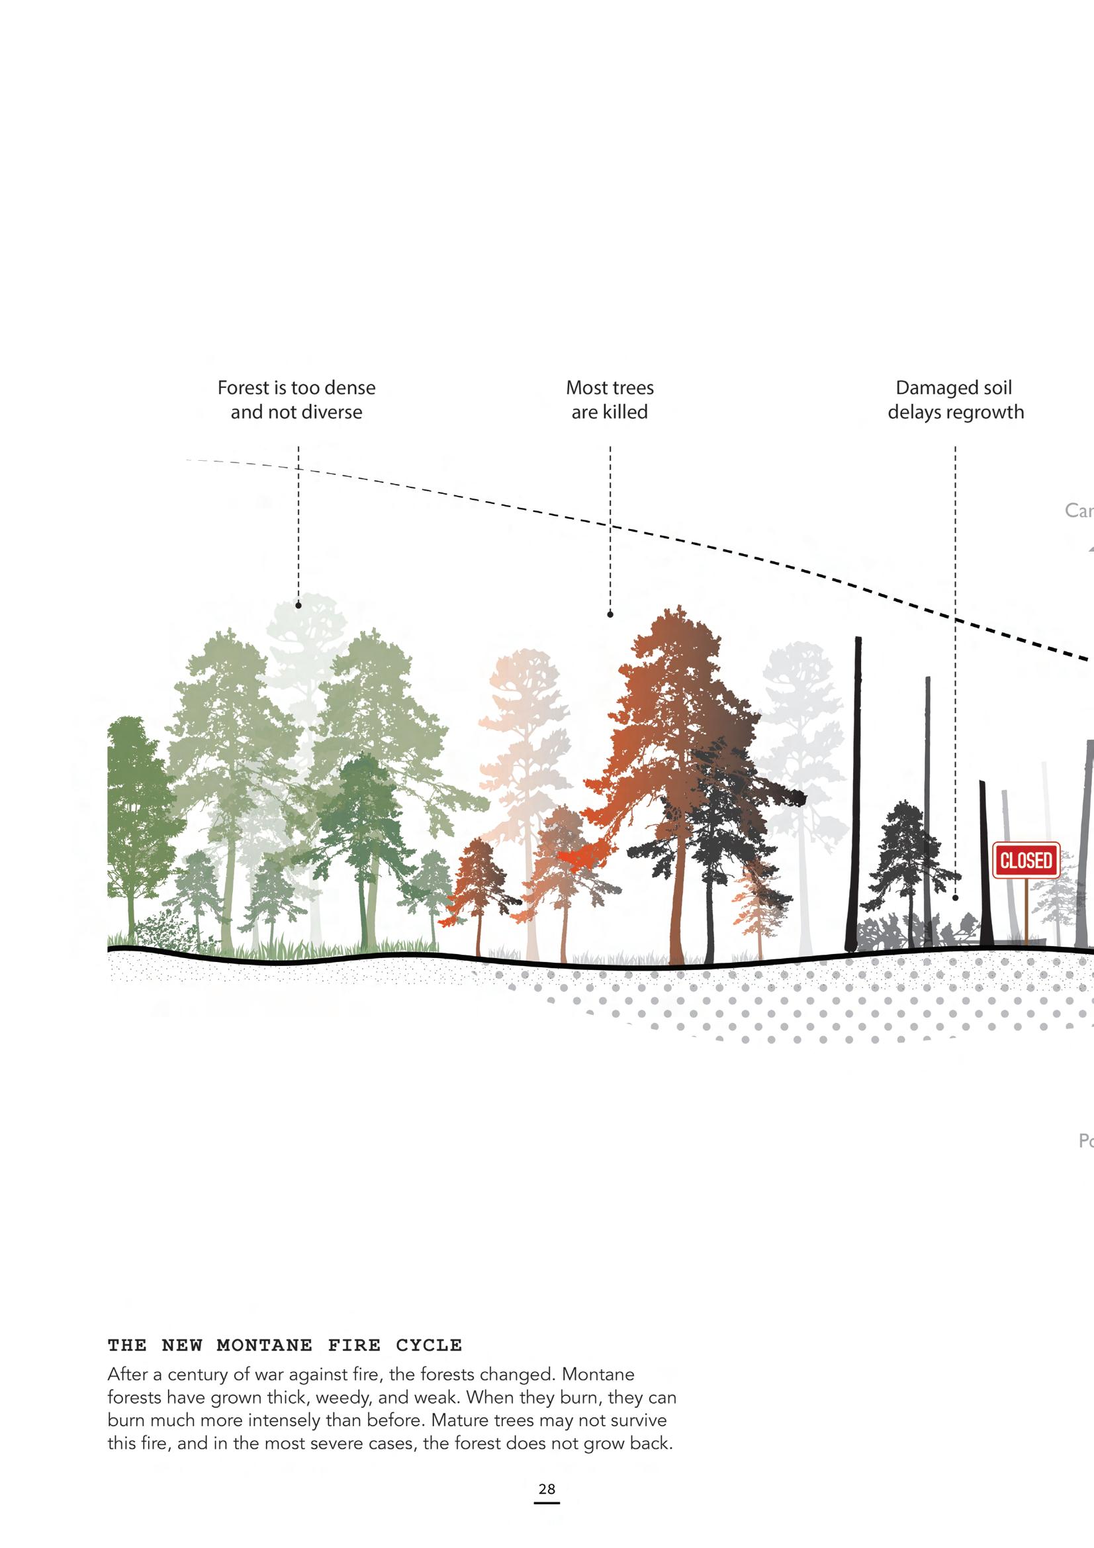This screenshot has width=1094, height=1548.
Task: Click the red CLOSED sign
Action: pyautogui.click(x=1025, y=860)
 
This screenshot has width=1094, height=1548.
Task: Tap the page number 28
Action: pyautogui.click(x=547, y=1488)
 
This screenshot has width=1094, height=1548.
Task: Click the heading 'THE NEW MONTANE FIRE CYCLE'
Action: pyautogui.click(x=285, y=1345)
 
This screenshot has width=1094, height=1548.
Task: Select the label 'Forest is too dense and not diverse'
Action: pyautogui.click(x=296, y=400)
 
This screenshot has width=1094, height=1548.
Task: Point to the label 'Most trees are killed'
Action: pyautogui.click(x=610, y=400)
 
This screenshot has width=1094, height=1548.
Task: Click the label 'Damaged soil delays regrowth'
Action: pyautogui.click(x=954, y=400)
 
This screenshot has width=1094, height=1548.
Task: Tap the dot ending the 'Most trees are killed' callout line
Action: pyautogui.click(x=610, y=614)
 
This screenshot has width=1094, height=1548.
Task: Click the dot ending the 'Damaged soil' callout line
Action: pyautogui.click(x=955, y=898)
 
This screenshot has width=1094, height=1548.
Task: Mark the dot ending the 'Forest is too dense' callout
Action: pyautogui.click(x=298, y=605)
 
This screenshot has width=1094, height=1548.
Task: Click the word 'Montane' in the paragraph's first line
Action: pyautogui.click(x=598, y=1374)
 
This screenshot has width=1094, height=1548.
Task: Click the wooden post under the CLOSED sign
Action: pyautogui.click(x=1025, y=910)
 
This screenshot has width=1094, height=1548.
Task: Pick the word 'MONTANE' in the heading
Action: pyautogui.click(x=264, y=1345)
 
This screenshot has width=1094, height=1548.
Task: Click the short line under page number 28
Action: pyautogui.click(x=547, y=1503)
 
